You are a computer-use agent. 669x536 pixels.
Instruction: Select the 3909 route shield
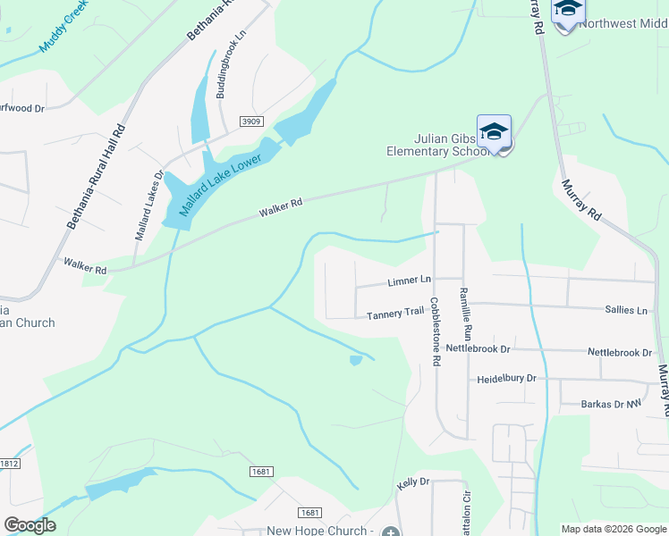[251, 121]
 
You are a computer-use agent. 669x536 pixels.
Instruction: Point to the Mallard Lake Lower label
[220, 182]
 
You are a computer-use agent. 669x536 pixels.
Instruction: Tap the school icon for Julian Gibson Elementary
[494, 132]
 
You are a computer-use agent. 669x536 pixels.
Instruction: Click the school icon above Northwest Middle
[568, 11]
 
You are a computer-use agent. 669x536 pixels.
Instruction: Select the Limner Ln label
[410, 281]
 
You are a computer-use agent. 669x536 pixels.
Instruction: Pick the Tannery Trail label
[394, 314]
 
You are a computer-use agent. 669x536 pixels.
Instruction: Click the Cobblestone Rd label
[436, 332]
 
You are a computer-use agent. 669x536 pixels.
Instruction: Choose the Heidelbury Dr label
[506, 379]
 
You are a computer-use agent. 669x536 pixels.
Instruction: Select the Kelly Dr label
[413, 482]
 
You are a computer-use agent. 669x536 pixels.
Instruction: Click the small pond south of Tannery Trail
[356, 360]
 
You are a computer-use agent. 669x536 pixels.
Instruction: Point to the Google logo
[30, 525]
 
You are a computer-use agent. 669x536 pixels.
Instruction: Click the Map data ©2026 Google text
[613, 529]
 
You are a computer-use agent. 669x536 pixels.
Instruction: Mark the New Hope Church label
[318, 531]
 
